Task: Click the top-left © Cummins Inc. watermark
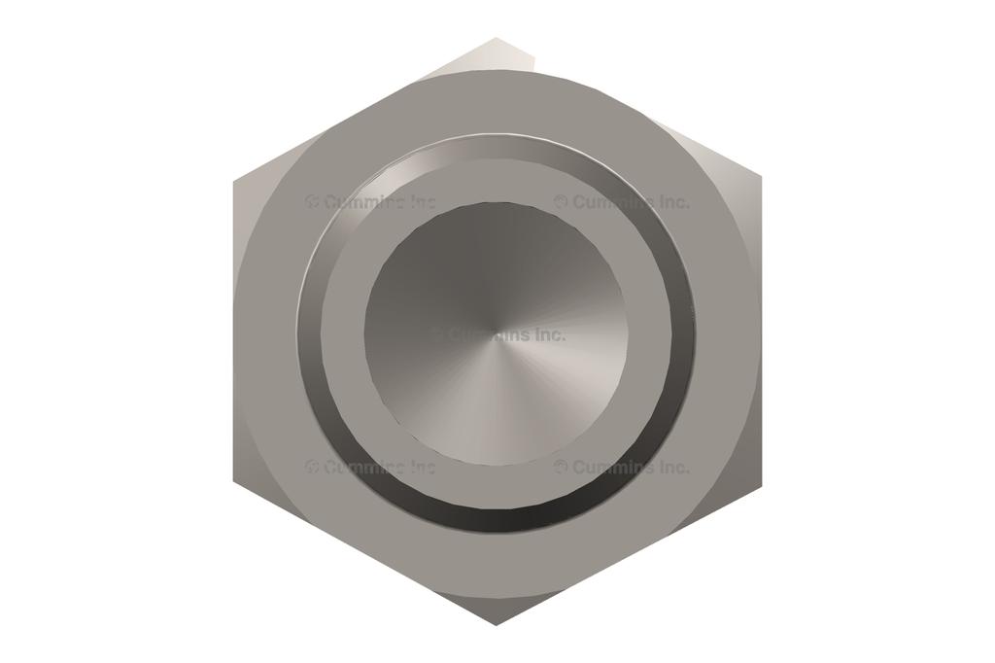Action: pyautogui.click(x=371, y=202)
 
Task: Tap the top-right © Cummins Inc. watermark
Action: pyautogui.click(x=622, y=202)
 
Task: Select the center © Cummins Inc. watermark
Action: pyautogui.click(x=497, y=334)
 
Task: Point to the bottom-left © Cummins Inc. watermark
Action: pyautogui.click(x=371, y=467)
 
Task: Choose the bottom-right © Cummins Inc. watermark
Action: pyautogui.click(x=622, y=467)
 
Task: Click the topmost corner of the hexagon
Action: pyautogui.click(x=497, y=39)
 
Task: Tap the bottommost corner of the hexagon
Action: pyautogui.click(x=497, y=624)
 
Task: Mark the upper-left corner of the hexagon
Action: pyautogui.click(x=234, y=181)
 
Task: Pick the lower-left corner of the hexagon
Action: pyautogui.click(x=234, y=480)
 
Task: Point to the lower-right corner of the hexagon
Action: pyautogui.click(x=760, y=480)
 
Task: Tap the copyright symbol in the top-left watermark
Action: pyautogui.click(x=313, y=202)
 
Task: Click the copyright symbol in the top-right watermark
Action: pyautogui.click(x=562, y=202)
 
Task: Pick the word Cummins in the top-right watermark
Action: pyautogui.click(x=613, y=202)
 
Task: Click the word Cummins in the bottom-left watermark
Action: pyautogui.click(x=364, y=467)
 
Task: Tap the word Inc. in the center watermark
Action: pyautogui.click(x=549, y=334)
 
